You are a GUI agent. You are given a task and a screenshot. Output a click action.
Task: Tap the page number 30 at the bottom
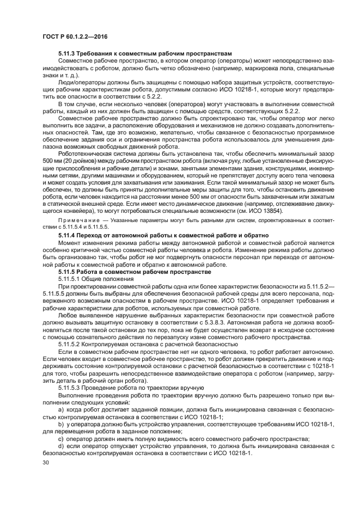pyautogui.click(x=46, y=463)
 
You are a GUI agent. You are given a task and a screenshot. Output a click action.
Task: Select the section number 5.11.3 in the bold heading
pyautogui.click(x=69, y=53)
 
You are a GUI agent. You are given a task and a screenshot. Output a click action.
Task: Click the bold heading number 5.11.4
pyautogui.click(x=69, y=234)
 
